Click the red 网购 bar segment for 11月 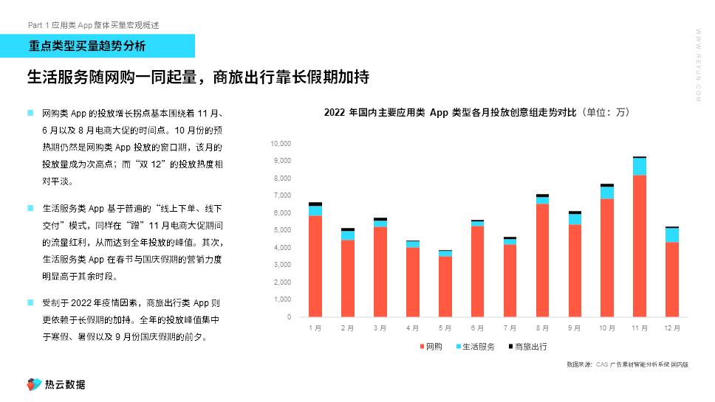[640, 246]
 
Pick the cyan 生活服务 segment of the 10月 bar [607, 193]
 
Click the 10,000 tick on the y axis [281, 143]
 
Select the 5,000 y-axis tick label [282, 230]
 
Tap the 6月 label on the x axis [477, 328]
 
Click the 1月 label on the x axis [315, 328]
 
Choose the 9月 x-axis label [575, 328]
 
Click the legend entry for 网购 [430, 347]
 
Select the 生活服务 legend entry [473, 347]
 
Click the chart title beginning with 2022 [476, 113]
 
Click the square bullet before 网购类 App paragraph [30, 113]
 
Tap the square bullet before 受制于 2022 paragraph [30, 302]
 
